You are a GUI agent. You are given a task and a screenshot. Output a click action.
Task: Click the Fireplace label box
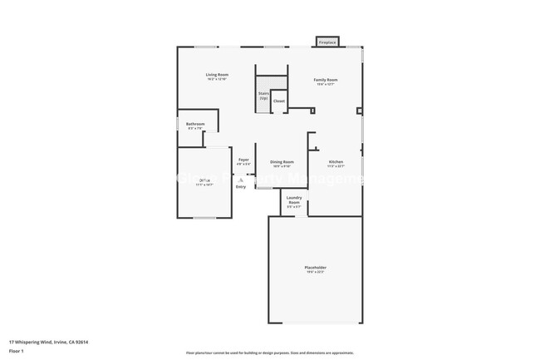tap(327, 42)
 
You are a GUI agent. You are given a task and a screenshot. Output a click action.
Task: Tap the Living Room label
tap(218, 75)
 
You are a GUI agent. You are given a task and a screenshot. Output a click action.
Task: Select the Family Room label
tap(326, 80)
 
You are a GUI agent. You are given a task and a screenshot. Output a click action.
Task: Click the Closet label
tap(279, 101)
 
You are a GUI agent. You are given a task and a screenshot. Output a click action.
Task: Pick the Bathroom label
tap(195, 124)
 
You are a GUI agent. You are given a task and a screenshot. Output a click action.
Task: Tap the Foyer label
tap(243, 160)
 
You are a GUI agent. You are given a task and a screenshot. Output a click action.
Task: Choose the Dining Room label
tap(282, 161)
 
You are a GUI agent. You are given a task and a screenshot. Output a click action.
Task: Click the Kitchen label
tap(336, 161)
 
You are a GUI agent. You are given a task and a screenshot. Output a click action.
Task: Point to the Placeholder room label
tap(315, 268)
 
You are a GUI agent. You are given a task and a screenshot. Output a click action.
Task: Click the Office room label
tap(204, 180)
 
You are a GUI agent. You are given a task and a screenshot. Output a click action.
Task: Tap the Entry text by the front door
tap(241, 187)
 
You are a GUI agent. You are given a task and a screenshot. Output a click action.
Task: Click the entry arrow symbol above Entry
tap(241, 179)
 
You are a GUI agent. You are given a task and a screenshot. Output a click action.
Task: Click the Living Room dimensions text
tap(218, 80)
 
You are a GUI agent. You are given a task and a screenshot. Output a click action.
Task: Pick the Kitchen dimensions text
tap(336, 166)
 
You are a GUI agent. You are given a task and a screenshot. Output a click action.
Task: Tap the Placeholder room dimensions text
tap(315, 273)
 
